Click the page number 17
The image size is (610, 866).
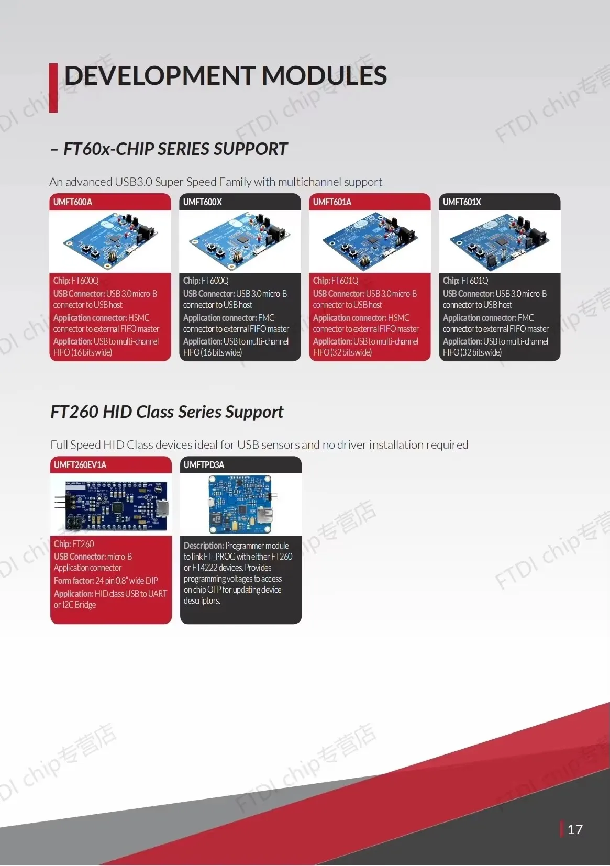point(575,829)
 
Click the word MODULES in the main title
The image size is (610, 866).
point(324,76)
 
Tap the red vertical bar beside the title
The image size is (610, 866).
point(53,88)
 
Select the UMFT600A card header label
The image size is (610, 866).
point(73,202)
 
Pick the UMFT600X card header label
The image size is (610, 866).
point(203,202)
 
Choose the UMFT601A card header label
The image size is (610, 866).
point(332,202)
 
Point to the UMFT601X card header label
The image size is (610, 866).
point(462,202)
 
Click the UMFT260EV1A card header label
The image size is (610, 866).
point(80,465)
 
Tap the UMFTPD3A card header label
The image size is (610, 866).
point(204,465)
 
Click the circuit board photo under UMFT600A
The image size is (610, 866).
point(110,241)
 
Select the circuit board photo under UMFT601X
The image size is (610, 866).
point(500,241)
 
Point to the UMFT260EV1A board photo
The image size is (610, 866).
point(111,504)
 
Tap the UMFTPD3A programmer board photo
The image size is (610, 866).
point(241,504)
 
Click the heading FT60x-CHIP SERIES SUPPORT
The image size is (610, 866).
point(175,149)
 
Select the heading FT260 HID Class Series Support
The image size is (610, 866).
point(167,412)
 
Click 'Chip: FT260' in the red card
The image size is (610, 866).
point(74,544)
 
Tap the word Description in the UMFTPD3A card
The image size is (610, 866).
point(204,546)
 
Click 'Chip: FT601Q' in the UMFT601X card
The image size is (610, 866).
point(465,281)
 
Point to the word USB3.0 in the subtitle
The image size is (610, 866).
point(134,182)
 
